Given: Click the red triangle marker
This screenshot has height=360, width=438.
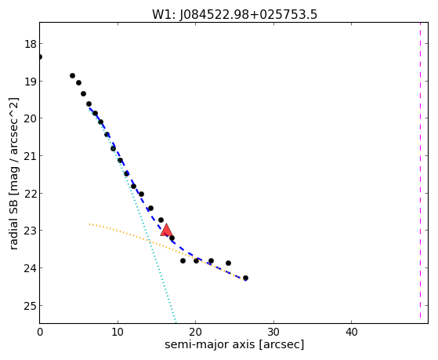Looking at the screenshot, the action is (x=166, y=231).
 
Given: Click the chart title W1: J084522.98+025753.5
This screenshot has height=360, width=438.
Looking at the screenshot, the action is (x=234, y=14).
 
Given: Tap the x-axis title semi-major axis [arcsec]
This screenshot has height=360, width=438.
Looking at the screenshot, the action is (x=234, y=344).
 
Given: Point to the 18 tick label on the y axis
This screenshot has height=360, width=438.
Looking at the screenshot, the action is (x=31, y=44).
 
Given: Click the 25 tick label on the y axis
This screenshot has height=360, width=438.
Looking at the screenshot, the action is (x=31, y=306).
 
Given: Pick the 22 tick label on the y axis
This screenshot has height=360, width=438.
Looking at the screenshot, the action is (x=31, y=194).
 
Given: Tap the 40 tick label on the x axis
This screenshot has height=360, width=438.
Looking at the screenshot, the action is (x=351, y=332).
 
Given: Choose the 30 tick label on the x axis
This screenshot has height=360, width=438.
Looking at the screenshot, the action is (x=273, y=332).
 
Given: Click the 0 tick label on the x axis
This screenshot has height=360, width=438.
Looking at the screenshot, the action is (x=40, y=332).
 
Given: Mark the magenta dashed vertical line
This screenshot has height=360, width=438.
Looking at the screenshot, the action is (x=420, y=170).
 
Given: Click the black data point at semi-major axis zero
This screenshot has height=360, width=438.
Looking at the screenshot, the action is (x=40, y=57).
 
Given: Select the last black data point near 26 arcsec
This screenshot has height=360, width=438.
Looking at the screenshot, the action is (x=245, y=278).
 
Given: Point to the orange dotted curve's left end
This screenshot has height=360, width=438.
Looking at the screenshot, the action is (x=89, y=224).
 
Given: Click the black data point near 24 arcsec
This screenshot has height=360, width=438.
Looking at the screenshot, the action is (x=228, y=264).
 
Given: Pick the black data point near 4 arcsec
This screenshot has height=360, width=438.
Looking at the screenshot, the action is (x=72, y=76).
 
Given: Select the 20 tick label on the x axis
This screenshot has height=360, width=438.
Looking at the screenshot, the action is (x=196, y=332).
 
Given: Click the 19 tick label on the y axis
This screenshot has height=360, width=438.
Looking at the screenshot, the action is (x=31, y=82).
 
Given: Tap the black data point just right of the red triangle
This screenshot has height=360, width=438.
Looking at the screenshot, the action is (x=172, y=238).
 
